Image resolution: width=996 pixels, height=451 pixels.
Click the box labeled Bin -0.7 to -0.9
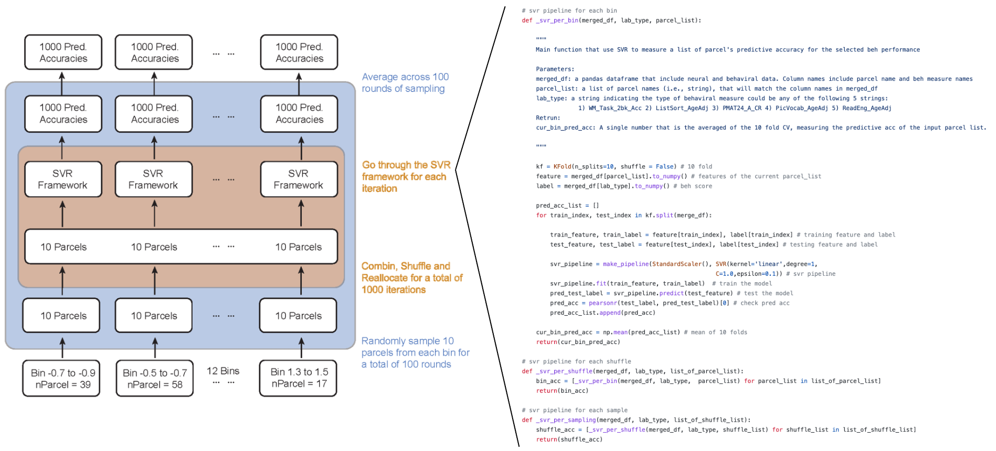click(61, 379)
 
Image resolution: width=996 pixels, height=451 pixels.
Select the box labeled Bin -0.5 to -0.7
click(154, 379)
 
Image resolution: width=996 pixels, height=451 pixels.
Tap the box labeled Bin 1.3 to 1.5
click(298, 378)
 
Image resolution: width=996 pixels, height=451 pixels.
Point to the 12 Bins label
click(223, 371)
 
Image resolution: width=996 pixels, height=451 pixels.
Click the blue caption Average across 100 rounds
click(405, 83)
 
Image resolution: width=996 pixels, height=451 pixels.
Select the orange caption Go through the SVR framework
click(406, 177)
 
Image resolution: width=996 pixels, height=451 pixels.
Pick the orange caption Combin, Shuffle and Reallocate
click(412, 278)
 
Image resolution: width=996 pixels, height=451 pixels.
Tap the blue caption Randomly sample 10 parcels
click(415, 352)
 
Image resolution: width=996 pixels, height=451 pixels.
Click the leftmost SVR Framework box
click(63, 179)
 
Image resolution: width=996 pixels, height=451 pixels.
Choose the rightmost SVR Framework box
click(299, 179)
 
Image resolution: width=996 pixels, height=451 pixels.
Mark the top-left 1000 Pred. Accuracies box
click(63, 52)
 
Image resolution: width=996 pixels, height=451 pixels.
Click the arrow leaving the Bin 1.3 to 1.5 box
click(301, 348)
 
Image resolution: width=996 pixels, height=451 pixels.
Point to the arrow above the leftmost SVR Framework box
click(62, 147)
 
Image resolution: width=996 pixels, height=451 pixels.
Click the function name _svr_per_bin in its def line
click(557, 20)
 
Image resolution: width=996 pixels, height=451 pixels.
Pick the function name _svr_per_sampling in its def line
click(566, 420)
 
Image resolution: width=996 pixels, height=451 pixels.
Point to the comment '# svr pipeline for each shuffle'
click(576, 361)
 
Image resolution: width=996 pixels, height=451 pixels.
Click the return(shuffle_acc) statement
click(569, 439)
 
